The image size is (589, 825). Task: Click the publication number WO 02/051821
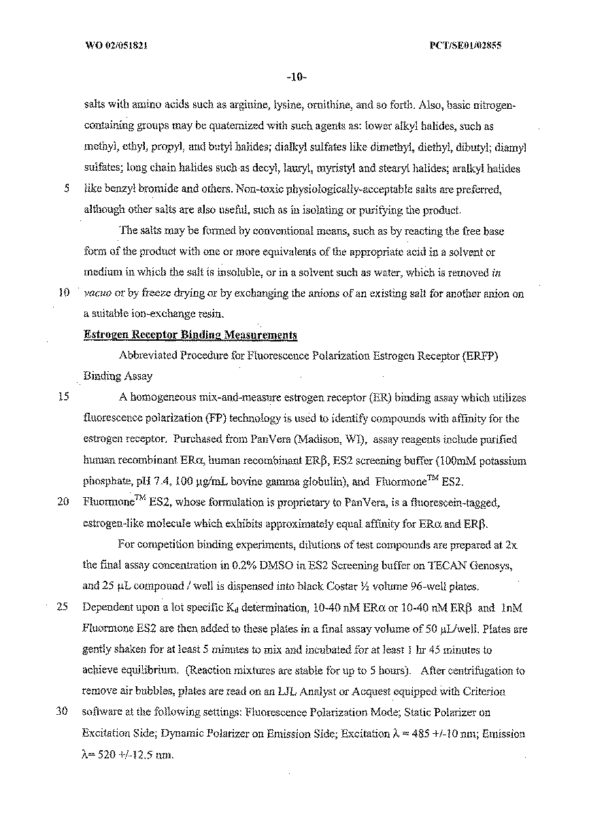click(118, 46)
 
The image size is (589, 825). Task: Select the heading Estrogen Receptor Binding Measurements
click(190, 335)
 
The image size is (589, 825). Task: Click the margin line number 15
click(66, 397)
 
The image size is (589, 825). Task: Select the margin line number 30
click(66, 712)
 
